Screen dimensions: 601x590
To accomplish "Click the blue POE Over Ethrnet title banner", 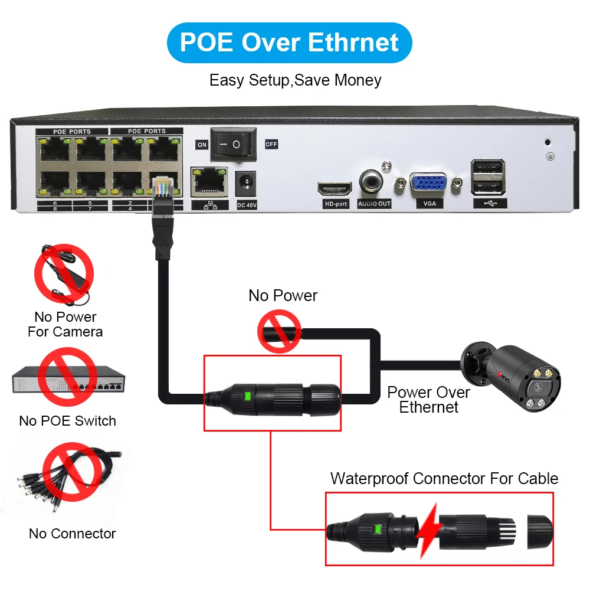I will (289, 43).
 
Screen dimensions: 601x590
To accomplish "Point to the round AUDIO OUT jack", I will (374, 181).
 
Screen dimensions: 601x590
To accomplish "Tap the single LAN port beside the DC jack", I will (209, 181).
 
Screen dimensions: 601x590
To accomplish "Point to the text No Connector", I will (73, 534).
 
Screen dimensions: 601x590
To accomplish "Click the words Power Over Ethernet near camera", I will (429, 400).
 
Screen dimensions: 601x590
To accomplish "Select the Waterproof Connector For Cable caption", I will (444, 478).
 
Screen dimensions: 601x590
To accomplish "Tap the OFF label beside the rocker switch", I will (271, 144).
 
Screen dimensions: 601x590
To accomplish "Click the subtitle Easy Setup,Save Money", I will (295, 80).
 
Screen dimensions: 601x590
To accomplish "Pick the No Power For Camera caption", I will (65, 324).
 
